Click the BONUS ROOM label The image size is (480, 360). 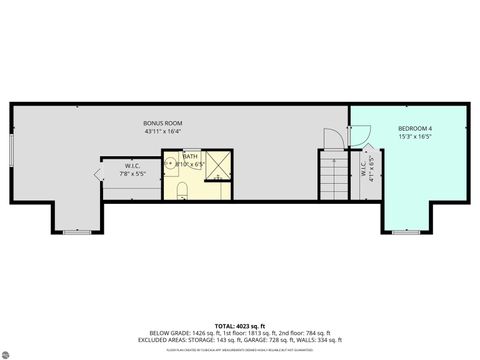point(163,123)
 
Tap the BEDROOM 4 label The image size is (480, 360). point(415,128)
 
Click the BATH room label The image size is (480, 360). point(190,156)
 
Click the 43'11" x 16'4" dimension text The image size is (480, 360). point(163,131)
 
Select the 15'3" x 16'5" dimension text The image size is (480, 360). point(415,136)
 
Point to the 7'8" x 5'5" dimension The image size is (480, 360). point(133,173)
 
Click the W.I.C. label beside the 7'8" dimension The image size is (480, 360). point(133,165)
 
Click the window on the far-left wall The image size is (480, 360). point(11,150)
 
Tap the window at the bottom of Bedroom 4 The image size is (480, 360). point(406,232)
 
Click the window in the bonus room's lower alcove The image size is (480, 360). point(77,232)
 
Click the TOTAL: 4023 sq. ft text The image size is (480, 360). point(240,325)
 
